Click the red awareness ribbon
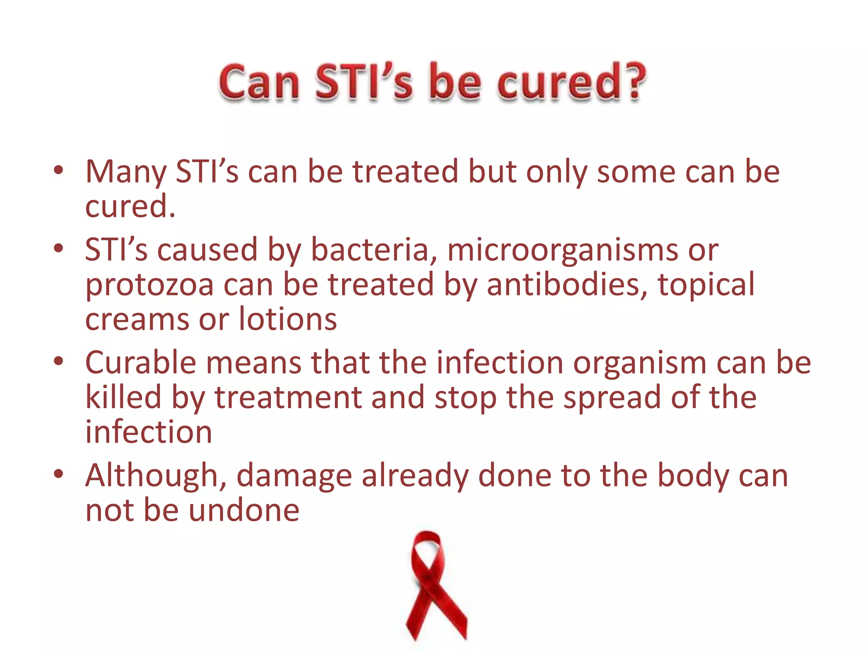433,585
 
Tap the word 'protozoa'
149,285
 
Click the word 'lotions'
288,319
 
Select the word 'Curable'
141,363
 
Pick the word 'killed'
123,397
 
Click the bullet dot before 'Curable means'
58,362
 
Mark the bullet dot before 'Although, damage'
58,474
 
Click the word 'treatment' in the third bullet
288,398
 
